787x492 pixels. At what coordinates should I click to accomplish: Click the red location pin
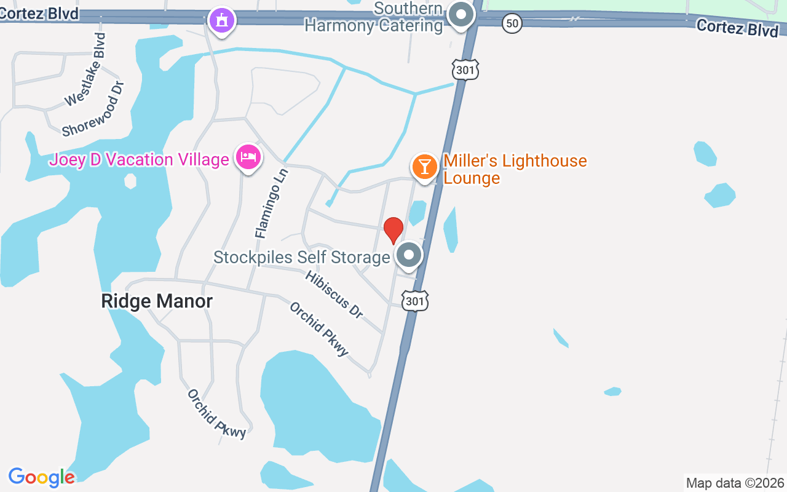pos(393,229)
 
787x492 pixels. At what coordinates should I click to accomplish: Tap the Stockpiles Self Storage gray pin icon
pos(408,255)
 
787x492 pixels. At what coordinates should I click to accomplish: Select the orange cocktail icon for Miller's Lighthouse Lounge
pos(424,166)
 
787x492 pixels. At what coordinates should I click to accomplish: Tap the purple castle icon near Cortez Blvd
pos(222,20)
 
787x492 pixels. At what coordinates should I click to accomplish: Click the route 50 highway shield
pos(512,24)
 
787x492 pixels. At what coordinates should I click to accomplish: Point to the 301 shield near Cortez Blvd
pos(465,70)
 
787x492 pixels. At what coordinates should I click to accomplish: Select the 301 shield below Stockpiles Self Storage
pos(415,301)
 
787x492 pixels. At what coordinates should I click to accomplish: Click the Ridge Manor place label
pos(157,301)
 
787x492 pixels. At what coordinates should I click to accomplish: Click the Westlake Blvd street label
pos(85,69)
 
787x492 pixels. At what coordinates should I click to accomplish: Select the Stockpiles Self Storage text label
pos(302,256)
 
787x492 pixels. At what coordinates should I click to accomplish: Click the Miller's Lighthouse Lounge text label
pos(515,169)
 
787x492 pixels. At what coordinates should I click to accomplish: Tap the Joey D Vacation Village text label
pos(139,160)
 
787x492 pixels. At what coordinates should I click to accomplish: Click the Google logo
pos(41,477)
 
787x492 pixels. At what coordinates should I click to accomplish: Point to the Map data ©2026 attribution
pos(735,483)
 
